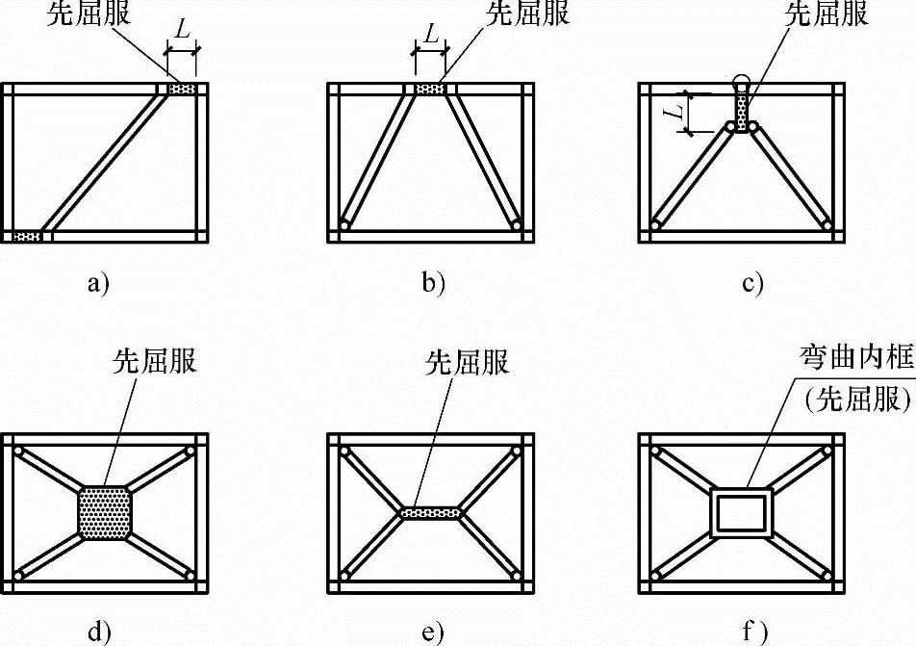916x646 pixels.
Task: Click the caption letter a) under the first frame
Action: (99, 283)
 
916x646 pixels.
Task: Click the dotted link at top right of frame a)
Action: (182, 90)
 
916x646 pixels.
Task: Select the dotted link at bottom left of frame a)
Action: (27, 236)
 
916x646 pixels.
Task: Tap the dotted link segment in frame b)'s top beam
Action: (430, 90)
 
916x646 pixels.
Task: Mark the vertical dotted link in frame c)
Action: (743, 109)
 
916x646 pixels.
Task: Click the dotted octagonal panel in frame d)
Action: (104, 512)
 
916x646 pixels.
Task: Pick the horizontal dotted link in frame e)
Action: (431, 512)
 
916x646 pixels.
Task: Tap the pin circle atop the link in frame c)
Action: (742, 80)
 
